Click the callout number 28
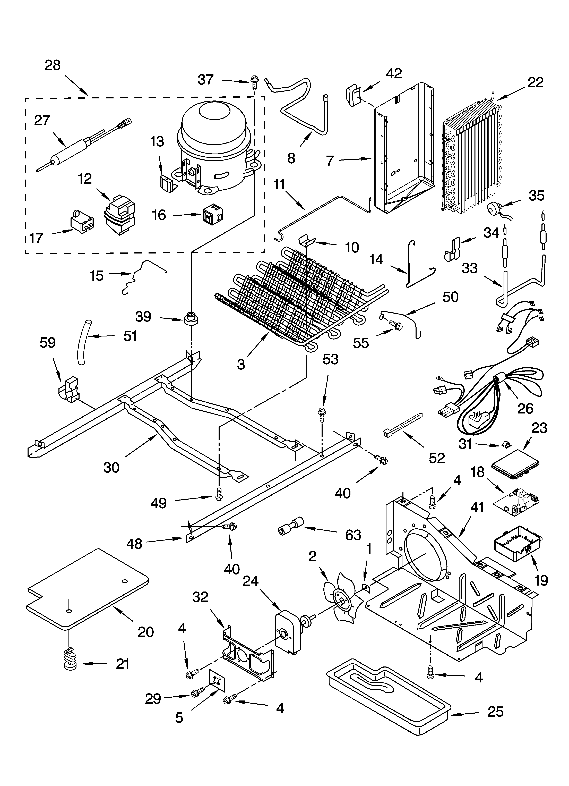[x=53, y=65]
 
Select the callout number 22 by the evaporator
[x=535, y=82]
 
